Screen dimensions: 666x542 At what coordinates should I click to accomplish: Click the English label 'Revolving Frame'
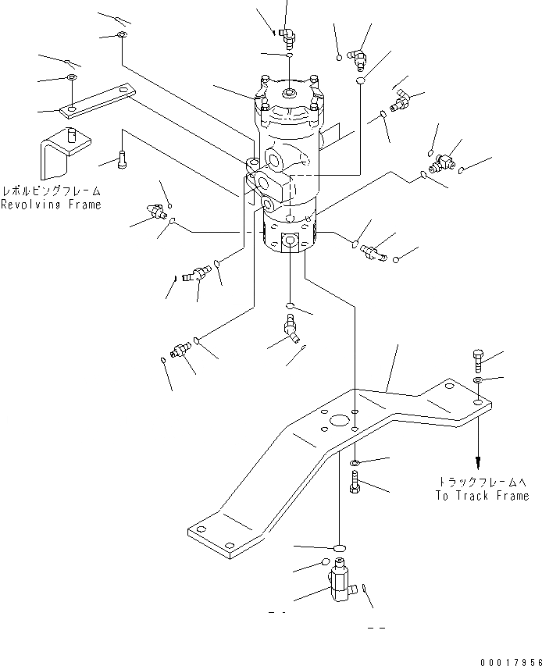51,205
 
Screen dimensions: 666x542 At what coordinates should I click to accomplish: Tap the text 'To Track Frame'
482,496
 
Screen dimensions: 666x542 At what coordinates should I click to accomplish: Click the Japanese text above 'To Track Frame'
488,482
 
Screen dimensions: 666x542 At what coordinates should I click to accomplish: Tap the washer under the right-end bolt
477,380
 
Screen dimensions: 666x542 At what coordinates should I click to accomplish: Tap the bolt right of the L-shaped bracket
121,160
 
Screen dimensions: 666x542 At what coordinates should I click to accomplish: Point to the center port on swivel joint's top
289,95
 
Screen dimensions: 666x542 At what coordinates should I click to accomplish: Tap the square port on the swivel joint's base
291,240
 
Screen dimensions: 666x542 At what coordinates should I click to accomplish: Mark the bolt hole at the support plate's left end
226,545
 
